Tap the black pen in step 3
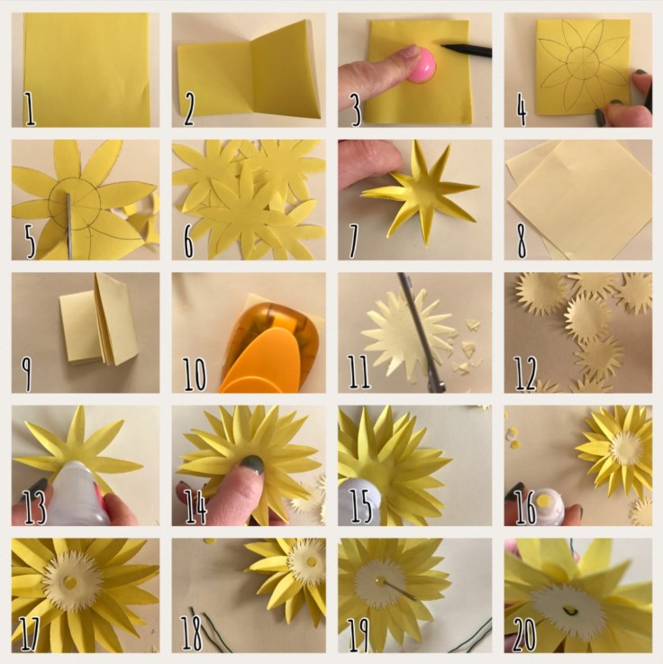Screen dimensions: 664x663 pos(467,50)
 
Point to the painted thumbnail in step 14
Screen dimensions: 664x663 pos(252,465)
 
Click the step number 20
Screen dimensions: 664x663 pos(524,635)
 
